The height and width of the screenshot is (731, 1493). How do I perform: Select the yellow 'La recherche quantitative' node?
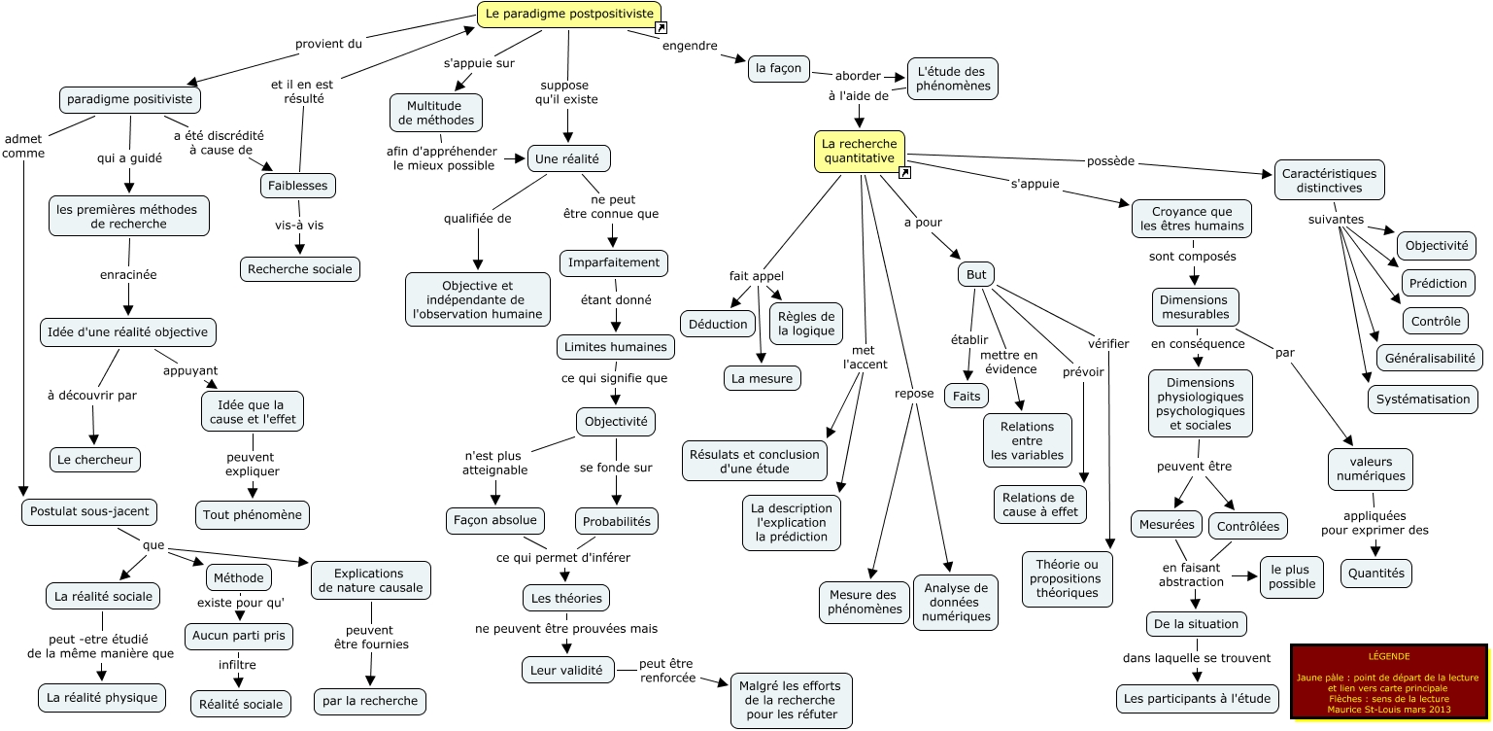(x=859, y=152)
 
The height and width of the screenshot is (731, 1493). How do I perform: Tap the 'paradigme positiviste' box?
(x=130, y=100)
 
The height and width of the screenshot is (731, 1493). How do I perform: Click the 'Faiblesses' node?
(x=298, y=185)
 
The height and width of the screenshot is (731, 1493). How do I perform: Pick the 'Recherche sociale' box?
(x=300, y=269)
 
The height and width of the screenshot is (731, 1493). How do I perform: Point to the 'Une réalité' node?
(x=569, y=158)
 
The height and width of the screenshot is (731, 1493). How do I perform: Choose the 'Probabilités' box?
(x=617, y=521)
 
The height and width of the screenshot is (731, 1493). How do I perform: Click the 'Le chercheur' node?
(x=95, y=459)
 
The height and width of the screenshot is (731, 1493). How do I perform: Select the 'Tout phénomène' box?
(x=253, y=513)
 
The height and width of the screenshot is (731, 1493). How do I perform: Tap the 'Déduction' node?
(x=718, y=324)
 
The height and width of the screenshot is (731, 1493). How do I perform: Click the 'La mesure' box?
(x=763, y=378)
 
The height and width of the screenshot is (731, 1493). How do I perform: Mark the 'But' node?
(x=976, y=275)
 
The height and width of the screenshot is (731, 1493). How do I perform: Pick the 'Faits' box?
(x=967, y=396)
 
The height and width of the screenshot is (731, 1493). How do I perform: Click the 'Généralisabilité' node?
(x=1429, y=358)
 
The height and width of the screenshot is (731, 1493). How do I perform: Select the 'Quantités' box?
(x=1376, y=574)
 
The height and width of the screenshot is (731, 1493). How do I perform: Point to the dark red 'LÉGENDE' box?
(x=1388, y=681)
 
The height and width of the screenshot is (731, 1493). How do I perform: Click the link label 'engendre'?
(x=690, y=45)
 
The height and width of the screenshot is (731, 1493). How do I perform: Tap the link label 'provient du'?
(x=328, y=43)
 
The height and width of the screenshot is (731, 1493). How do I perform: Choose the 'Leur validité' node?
(x=567, y=670)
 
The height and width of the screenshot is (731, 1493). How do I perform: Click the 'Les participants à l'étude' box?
(x=1198, y=697)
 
